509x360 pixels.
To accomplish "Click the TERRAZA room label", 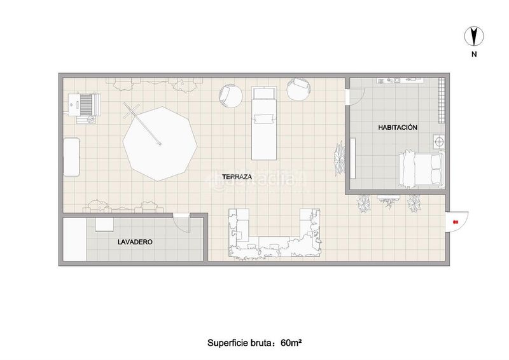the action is (x=237, y=177).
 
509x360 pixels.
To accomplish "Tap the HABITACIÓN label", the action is (x=398, y=127).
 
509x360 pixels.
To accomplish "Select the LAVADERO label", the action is (x=135, y=242).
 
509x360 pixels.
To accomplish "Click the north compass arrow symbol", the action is (x=474, y=36).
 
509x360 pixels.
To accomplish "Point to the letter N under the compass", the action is (x=474, y=54).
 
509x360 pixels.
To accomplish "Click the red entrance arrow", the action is (x=455, y=222).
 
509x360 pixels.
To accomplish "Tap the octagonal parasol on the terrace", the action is (x=160, y=144).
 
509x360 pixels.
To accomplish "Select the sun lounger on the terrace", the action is (x=264, y=123).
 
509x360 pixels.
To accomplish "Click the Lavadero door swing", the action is (x=181, y=223).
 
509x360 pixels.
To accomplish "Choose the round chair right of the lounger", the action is (x=299, y=89).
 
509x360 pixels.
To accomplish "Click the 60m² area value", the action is (x=292, y=343).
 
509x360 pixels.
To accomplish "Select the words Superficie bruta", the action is (x=240, y=343).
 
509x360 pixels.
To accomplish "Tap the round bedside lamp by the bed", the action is (x=439, y=142).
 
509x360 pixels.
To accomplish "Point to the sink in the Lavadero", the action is (x=104, y=225).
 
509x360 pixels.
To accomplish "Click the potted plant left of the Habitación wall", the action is (x=340, y=158).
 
